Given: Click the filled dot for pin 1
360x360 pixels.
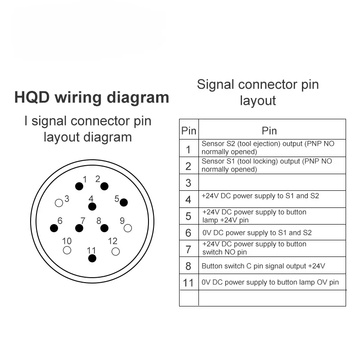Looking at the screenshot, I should [79, 186].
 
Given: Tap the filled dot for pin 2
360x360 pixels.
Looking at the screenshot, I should [104, 186].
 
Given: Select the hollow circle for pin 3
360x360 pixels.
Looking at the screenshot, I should [58, 202].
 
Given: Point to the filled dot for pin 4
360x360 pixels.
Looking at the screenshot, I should [92, 207].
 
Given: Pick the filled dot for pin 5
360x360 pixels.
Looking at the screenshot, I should [124, 202].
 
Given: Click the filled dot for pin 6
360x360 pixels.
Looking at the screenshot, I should [54, 228].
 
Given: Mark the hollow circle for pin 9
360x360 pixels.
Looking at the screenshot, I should [128, 228].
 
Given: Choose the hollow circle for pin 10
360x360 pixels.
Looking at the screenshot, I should [67, 251].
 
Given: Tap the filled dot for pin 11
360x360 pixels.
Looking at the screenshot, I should [92, 258].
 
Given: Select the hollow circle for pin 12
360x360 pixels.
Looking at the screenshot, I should [116, 251].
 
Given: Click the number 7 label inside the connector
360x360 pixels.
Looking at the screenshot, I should [83, 221].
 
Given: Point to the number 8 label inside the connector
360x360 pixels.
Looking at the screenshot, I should [99, 221].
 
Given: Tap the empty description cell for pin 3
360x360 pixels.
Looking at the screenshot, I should [272, 183].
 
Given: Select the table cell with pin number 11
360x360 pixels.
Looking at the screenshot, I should [189, 283].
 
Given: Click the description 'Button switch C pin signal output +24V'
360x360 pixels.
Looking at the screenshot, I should [263, 266].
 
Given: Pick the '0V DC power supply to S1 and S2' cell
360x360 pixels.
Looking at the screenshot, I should [256, 233].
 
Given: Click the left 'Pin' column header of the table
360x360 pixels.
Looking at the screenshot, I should [189, 130].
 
